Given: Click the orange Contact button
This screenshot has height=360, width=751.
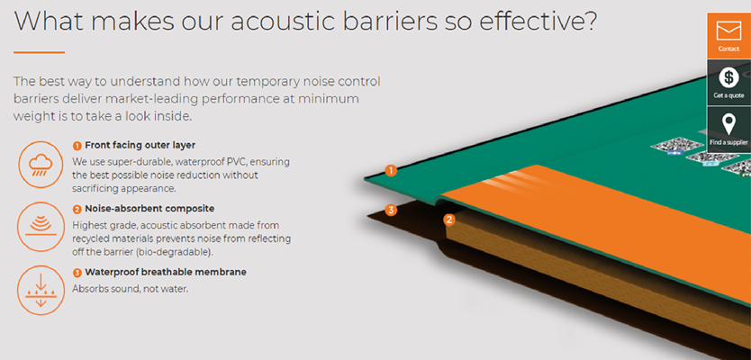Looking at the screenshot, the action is [728, 36].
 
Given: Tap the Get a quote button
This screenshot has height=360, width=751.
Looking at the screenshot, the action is [728, 82].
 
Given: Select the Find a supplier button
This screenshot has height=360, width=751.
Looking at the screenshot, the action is [728, 130].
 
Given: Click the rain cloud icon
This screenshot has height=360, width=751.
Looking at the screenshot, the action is [41, 166].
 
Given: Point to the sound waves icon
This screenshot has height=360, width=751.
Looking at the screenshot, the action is [41, 227].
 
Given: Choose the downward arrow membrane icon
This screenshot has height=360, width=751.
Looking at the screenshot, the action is [41, 290].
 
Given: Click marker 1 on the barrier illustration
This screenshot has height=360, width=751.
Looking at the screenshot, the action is [391, 170].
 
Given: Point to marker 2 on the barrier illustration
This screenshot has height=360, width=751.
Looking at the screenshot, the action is [448, 220].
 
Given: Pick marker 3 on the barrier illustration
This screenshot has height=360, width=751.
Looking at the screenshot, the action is [391, 210].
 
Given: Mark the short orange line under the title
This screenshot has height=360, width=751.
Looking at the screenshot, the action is [40, 52].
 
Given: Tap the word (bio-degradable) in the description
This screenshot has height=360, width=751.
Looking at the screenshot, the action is [179, 252].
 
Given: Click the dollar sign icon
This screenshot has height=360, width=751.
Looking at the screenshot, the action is [728, 77].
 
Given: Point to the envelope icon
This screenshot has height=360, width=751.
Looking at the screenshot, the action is [728, 31].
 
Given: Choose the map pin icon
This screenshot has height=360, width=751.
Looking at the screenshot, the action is [729, 124].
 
